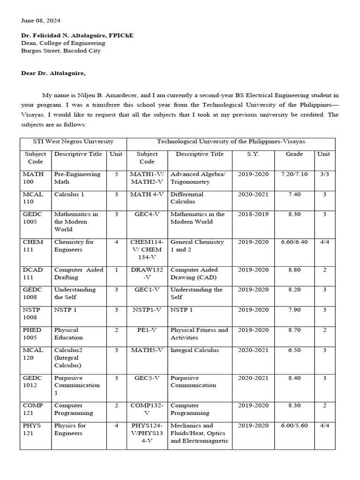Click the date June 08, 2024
click(x=40, y=21)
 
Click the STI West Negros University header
click(x=73, y=142)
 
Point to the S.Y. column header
click(x=253, y=154)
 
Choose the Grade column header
click(x=294, y=154)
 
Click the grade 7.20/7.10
click(x=294, y=174)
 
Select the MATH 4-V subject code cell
click(x=147, y=194)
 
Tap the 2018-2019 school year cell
click(x=253, y=214)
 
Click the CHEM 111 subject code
click(x=33, y=246)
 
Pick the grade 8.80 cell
click(x=294, y=270)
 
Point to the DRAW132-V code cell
click(x=147, y=274)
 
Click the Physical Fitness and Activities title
click(x=199, y=334)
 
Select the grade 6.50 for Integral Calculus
click(x=294, y=350)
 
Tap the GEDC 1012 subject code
click(x=33, y=382)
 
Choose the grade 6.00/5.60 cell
click(x=294, y=426)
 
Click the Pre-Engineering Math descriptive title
click(x=77, y=178)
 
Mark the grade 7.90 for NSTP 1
click(x=294, y=310)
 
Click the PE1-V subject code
click(x=147, y=330)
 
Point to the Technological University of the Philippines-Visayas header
click(x=231, y=142)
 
